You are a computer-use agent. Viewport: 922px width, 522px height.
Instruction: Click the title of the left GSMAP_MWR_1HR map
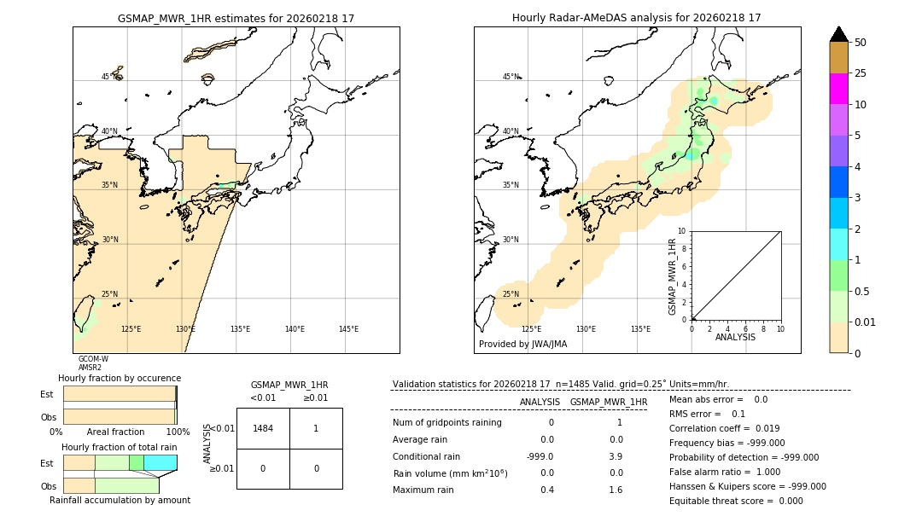[x=236, y=18]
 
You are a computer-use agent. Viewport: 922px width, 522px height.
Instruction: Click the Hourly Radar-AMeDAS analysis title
[x=636, y=18]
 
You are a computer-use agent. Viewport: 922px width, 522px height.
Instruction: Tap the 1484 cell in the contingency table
[x=263, y=428]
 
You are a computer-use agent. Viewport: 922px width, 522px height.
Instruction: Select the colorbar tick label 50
[x=861, y=43]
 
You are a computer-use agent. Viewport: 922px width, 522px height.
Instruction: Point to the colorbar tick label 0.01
[x=867, y=322]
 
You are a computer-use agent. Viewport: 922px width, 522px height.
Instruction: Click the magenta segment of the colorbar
[x=839, y=89]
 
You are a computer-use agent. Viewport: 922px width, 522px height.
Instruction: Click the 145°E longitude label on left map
[x=348, y=329]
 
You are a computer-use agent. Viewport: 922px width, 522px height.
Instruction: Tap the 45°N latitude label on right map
[x=511, y=77]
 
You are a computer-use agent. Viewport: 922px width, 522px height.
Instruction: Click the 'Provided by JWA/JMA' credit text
[x=522, y=345]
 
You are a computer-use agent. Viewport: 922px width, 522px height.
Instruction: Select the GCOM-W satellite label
[x=93, y=359]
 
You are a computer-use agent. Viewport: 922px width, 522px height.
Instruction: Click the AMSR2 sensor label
[x=90, y=368]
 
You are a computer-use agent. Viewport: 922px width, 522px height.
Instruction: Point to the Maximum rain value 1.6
[x=615, y=490]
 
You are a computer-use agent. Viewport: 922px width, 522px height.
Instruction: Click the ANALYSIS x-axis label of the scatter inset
[x=735, y=337]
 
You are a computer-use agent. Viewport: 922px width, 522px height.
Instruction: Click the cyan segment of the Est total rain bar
[x=160, y=462]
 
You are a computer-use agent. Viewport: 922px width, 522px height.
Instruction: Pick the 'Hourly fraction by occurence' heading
[x=120, y=378]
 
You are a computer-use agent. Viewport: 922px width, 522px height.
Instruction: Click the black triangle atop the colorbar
[x=839, y=34]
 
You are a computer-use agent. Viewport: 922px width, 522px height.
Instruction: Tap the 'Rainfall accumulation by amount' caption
[x=120, y=500]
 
